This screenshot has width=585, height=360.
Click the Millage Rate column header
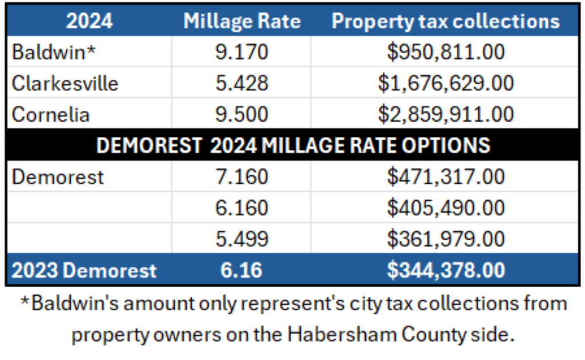click(241, 21)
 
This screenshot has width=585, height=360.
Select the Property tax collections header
click(445, 21)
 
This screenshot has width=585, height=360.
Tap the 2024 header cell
click(89, 21)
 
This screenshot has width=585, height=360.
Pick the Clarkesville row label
click(65, 83)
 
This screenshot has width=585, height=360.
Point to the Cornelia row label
click(51, 114)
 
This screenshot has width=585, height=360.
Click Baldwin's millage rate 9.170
click(241, 52)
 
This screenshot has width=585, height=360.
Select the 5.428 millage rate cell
click(241, 83)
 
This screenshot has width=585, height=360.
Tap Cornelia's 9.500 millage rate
click(241, 114)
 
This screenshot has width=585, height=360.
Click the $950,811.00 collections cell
click(445, 52)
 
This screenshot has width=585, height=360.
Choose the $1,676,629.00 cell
click(445, 83)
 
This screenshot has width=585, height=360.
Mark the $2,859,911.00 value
click(445, 114)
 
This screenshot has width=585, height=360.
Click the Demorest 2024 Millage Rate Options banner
click(293, 145)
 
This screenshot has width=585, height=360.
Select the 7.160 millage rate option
click(241, 176)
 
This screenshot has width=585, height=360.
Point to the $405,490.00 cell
click(445, 208)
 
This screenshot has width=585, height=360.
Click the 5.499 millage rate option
click(241, 238)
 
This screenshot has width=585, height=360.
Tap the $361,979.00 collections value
click(445, 238)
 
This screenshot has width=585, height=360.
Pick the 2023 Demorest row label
click(84, 270)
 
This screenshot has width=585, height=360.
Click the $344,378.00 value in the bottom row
click(445, 270)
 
